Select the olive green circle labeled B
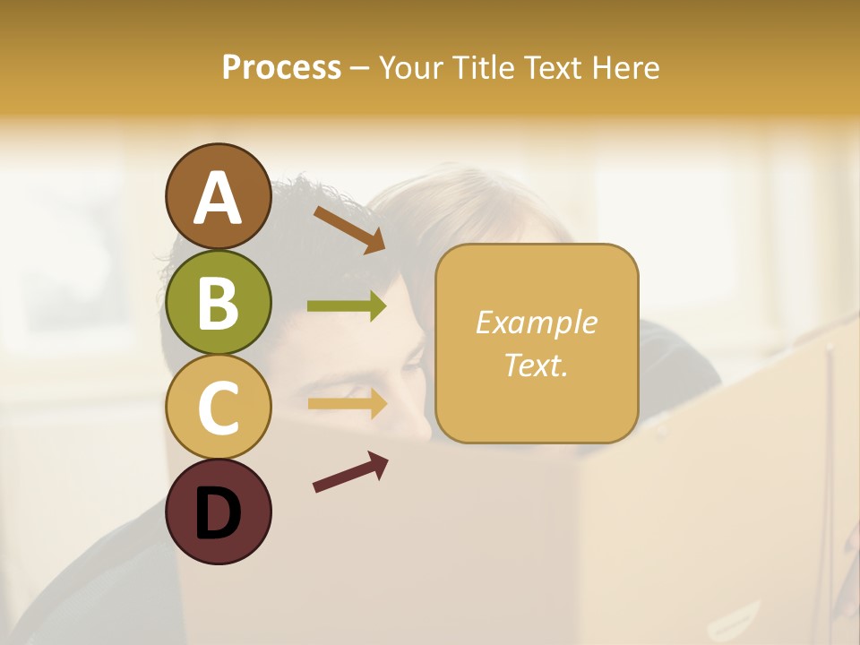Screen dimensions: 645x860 tap(218, 302)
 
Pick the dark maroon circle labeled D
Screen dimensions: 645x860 tap(218, 512)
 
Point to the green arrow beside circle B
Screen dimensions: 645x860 tap(347, 306)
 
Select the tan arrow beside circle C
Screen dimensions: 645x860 tap(347, 403)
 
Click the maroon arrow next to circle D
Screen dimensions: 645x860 tap(350, 472)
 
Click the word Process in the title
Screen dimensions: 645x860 tap(281, 67)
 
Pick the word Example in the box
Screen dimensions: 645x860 tap(536, 322)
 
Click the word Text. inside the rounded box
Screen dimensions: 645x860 tap(536, 365)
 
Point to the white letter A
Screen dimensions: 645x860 tap(218, 197)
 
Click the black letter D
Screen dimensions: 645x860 tap(218, 513)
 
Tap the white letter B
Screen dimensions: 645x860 tap(218, 303)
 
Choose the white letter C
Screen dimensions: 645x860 tap(218, 408)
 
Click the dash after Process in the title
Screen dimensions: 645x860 tap(359, 69)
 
